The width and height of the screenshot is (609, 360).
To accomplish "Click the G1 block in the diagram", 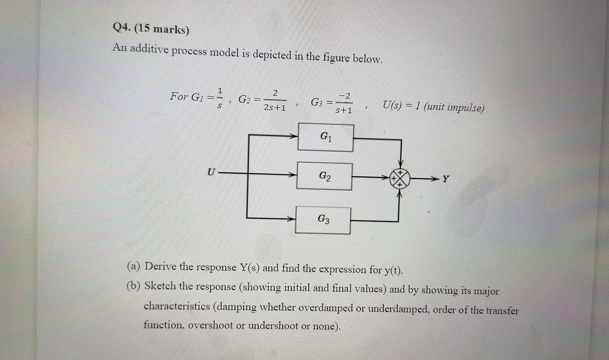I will [326, 138].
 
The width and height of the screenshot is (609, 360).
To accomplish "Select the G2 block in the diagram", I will [324, 176].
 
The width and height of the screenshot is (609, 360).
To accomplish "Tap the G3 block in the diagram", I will [323, 220].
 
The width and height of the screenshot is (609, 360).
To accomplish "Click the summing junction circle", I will [400, 179].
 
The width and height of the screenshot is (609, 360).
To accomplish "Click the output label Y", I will [446, 179].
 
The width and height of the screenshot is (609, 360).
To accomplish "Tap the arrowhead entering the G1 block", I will [294, 136].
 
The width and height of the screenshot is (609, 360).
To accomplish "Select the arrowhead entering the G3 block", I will [291, 219].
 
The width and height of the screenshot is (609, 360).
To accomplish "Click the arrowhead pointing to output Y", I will [433, 179].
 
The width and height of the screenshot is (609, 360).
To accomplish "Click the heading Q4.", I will [121, 28].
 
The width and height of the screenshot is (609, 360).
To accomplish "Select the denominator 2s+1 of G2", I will [274, 108].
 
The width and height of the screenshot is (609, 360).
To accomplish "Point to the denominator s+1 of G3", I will [344, 110].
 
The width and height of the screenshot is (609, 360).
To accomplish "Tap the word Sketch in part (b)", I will [160, 286].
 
